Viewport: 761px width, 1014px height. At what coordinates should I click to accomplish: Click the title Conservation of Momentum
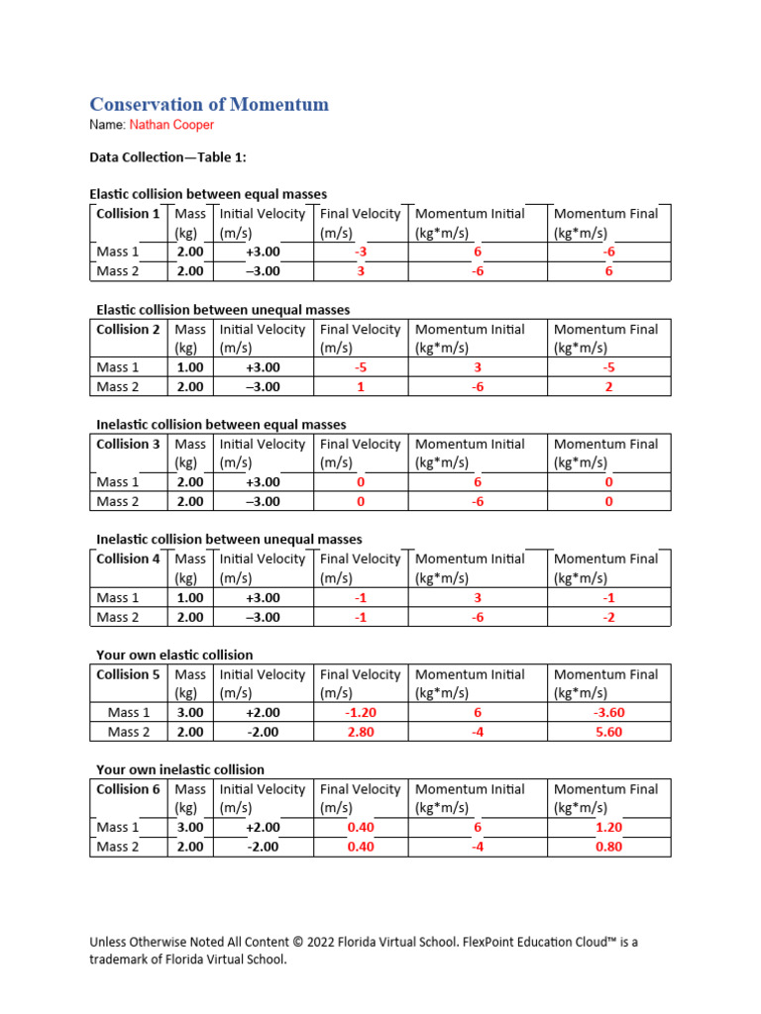click(x=209, y=104)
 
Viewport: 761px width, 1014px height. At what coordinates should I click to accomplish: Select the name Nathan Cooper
click(x=170, y=126)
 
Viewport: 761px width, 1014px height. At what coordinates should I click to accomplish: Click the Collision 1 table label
click(x=128, y=214)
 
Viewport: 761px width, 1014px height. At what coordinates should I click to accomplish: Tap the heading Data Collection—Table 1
click(x=167, y=157)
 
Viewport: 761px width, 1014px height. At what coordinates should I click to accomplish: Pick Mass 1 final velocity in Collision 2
click(x=361, y=367)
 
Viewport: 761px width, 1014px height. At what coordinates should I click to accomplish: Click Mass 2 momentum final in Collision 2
click(x=608, y=387)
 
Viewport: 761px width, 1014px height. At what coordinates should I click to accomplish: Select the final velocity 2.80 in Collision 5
click(x=361, y=732)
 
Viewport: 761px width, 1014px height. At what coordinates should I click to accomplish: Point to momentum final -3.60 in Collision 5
click(x=608, y=712)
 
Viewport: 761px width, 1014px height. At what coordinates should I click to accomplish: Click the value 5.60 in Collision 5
click(x=608, y=732)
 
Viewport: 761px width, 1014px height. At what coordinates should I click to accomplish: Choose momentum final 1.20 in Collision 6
click(x=608, y=827)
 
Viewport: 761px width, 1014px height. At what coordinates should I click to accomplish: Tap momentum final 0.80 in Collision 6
click(x=608, y=847)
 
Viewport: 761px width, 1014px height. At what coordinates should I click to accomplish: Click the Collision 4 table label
click(x=128, y=559)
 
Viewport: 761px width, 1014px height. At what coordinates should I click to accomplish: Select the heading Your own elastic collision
click(x=174, y=655)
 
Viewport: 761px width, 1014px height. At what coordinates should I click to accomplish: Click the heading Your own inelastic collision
click(x=180, y=769)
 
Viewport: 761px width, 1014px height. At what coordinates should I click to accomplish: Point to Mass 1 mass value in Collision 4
click(x=190, y=598)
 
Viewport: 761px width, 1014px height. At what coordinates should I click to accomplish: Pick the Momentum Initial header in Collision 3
click(x=470, y=445)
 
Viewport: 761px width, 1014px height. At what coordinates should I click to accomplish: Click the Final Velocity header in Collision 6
click(x=361, y=789)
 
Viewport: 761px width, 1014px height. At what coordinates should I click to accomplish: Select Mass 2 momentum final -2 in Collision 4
click(x=608, y=617)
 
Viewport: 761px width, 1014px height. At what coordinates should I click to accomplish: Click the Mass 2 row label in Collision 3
click(x=118, y=502)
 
